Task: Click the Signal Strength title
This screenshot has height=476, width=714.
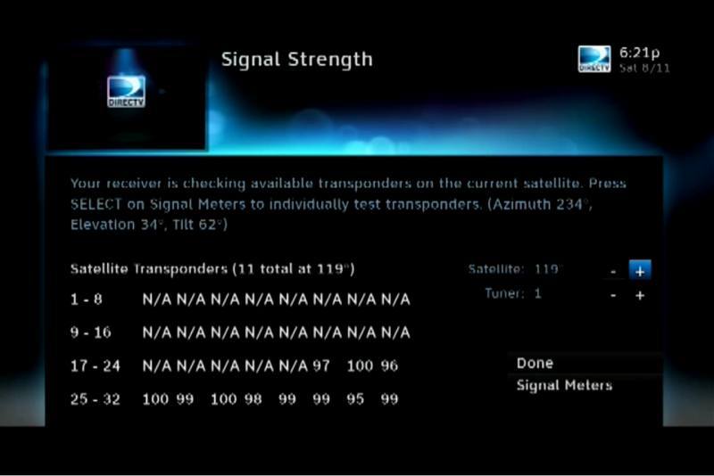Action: (x=297, y=60)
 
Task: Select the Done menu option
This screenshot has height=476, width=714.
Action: (x=535, y=364)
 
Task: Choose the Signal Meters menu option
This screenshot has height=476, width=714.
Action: (x=564, y=386)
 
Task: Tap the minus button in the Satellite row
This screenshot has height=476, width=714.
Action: (x=613, y=271)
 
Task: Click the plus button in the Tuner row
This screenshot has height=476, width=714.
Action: (x=640, y=296)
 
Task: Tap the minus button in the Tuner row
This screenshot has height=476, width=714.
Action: (x=613, y=296)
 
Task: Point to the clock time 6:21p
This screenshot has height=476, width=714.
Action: (x=639, y=53)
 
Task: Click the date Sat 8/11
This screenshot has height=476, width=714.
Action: (x=644, y=69)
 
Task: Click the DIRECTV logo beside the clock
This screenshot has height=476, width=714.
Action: (x=594, y=59)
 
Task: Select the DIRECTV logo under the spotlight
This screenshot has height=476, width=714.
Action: (x=126, y=92)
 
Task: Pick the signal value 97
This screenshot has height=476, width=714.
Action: (x=321, y=365)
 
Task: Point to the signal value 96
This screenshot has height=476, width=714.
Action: (x=389, y=365)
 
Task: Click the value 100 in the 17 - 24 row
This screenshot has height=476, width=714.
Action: (x=360, y=365)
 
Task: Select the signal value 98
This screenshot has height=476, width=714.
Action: (x=253, y=399)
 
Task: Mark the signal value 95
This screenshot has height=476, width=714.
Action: (x=355, y=399)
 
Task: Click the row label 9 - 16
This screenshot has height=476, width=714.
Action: (x=91, y=332)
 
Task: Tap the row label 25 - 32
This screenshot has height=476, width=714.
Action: (x=95, y=399)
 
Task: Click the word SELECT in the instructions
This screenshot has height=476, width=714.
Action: (x=96, y=204)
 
